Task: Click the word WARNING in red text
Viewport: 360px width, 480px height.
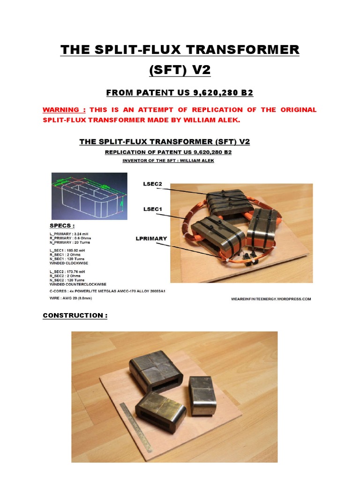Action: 61,110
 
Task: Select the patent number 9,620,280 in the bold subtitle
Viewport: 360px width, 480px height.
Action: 216,93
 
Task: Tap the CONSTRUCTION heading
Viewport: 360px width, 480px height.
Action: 75,315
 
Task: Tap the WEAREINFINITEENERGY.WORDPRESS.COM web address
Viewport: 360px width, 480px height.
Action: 271,299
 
